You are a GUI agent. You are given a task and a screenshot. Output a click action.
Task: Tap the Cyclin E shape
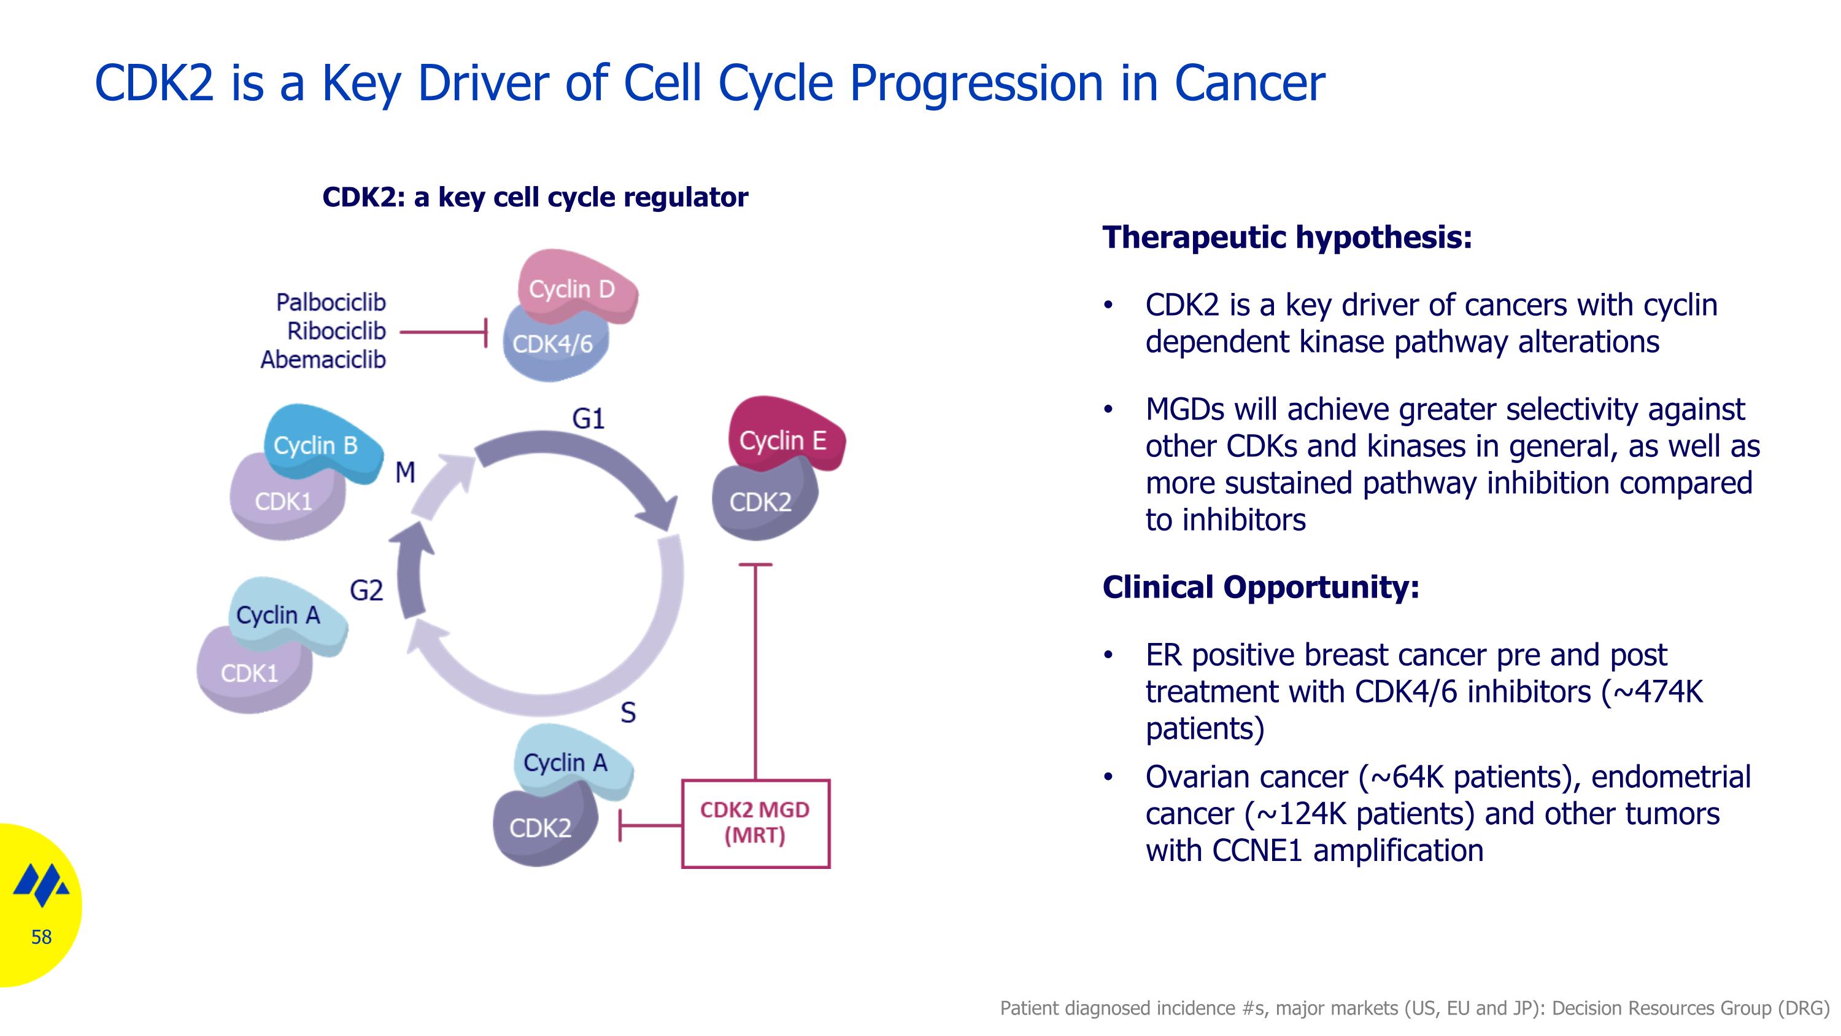tap(785, 435)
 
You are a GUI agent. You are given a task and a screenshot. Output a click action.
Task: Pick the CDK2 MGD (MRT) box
tap(755, 824)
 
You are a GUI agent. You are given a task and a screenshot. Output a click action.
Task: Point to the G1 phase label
tap(588, 418)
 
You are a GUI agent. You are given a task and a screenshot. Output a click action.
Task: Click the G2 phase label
tap(366, 591)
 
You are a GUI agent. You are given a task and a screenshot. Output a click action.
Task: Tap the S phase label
tap(628, 712)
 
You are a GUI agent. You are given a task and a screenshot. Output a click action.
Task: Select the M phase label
tap(405, 472)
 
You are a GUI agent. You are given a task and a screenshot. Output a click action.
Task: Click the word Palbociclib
tap(331, 302)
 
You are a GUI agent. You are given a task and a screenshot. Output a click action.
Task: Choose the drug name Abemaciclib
tap(323, 359)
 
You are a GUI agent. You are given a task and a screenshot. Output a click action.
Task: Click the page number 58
tap(42, 937)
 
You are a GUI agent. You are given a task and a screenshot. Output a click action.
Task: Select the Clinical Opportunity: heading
tap(1260, 587)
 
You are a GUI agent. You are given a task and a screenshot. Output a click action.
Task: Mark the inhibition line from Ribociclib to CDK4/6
tap(443, 332)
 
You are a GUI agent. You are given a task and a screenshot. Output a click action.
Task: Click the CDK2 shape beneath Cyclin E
tap(763, 500)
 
